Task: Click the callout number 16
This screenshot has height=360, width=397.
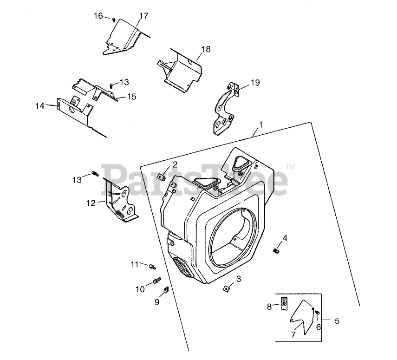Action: click(x=98, y=16)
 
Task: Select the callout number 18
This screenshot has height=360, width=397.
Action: click(x=206, y=49)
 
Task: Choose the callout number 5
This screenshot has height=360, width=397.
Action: click(x=337, y=320)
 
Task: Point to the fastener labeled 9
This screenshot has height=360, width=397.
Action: click(x=165, y=290)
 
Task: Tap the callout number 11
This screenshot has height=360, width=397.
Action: click(x=135, y=264)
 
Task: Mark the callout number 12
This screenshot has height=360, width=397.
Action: click(x=90, y=203)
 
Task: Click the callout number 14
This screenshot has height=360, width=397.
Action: click(x=39, y=106)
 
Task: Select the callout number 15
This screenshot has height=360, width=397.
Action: click(x=131, y=97)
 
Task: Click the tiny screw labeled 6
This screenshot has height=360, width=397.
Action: click(x=317, y=315)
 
